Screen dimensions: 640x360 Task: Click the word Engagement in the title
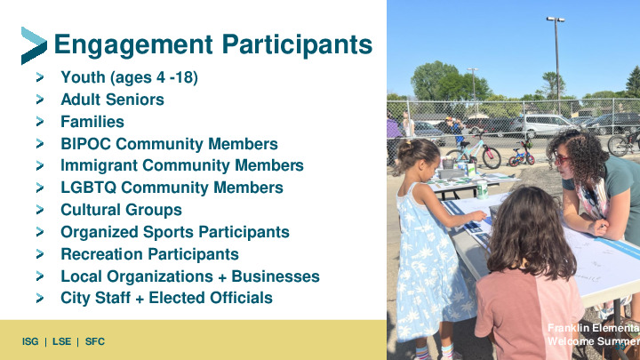pyautogui.click(x=133, y=45)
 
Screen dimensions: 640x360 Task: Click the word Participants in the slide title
pyautogui.click(x=297, y=45)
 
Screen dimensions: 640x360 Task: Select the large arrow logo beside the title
pyautogui.click(x=34, y=45)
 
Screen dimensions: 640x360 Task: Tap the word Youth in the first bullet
pyautogui.click(x=83, y=77)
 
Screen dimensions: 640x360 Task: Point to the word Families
pyautogui.click(x=92, y=122)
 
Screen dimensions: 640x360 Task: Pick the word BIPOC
pyautogui.click(x=85, y=144)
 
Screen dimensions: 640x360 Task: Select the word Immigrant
pyautogui.click(x=100, y=165)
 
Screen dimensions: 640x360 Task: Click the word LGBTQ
pyautogui.click(x=89, y=188)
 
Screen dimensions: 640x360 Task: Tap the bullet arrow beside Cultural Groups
pyautogui.click(x=40, y=210)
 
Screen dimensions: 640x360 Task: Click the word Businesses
pyautogui.click(x=276, y=276)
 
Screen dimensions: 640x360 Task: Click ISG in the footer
pyautogui.click(x=30, y=341)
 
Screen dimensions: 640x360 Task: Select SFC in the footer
pyautogui.click(x=95, y=341)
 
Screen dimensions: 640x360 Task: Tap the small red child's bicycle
pyautogui.click(x=522, y=154)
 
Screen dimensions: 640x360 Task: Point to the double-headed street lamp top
pyautogui.click(x=556, y=20)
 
